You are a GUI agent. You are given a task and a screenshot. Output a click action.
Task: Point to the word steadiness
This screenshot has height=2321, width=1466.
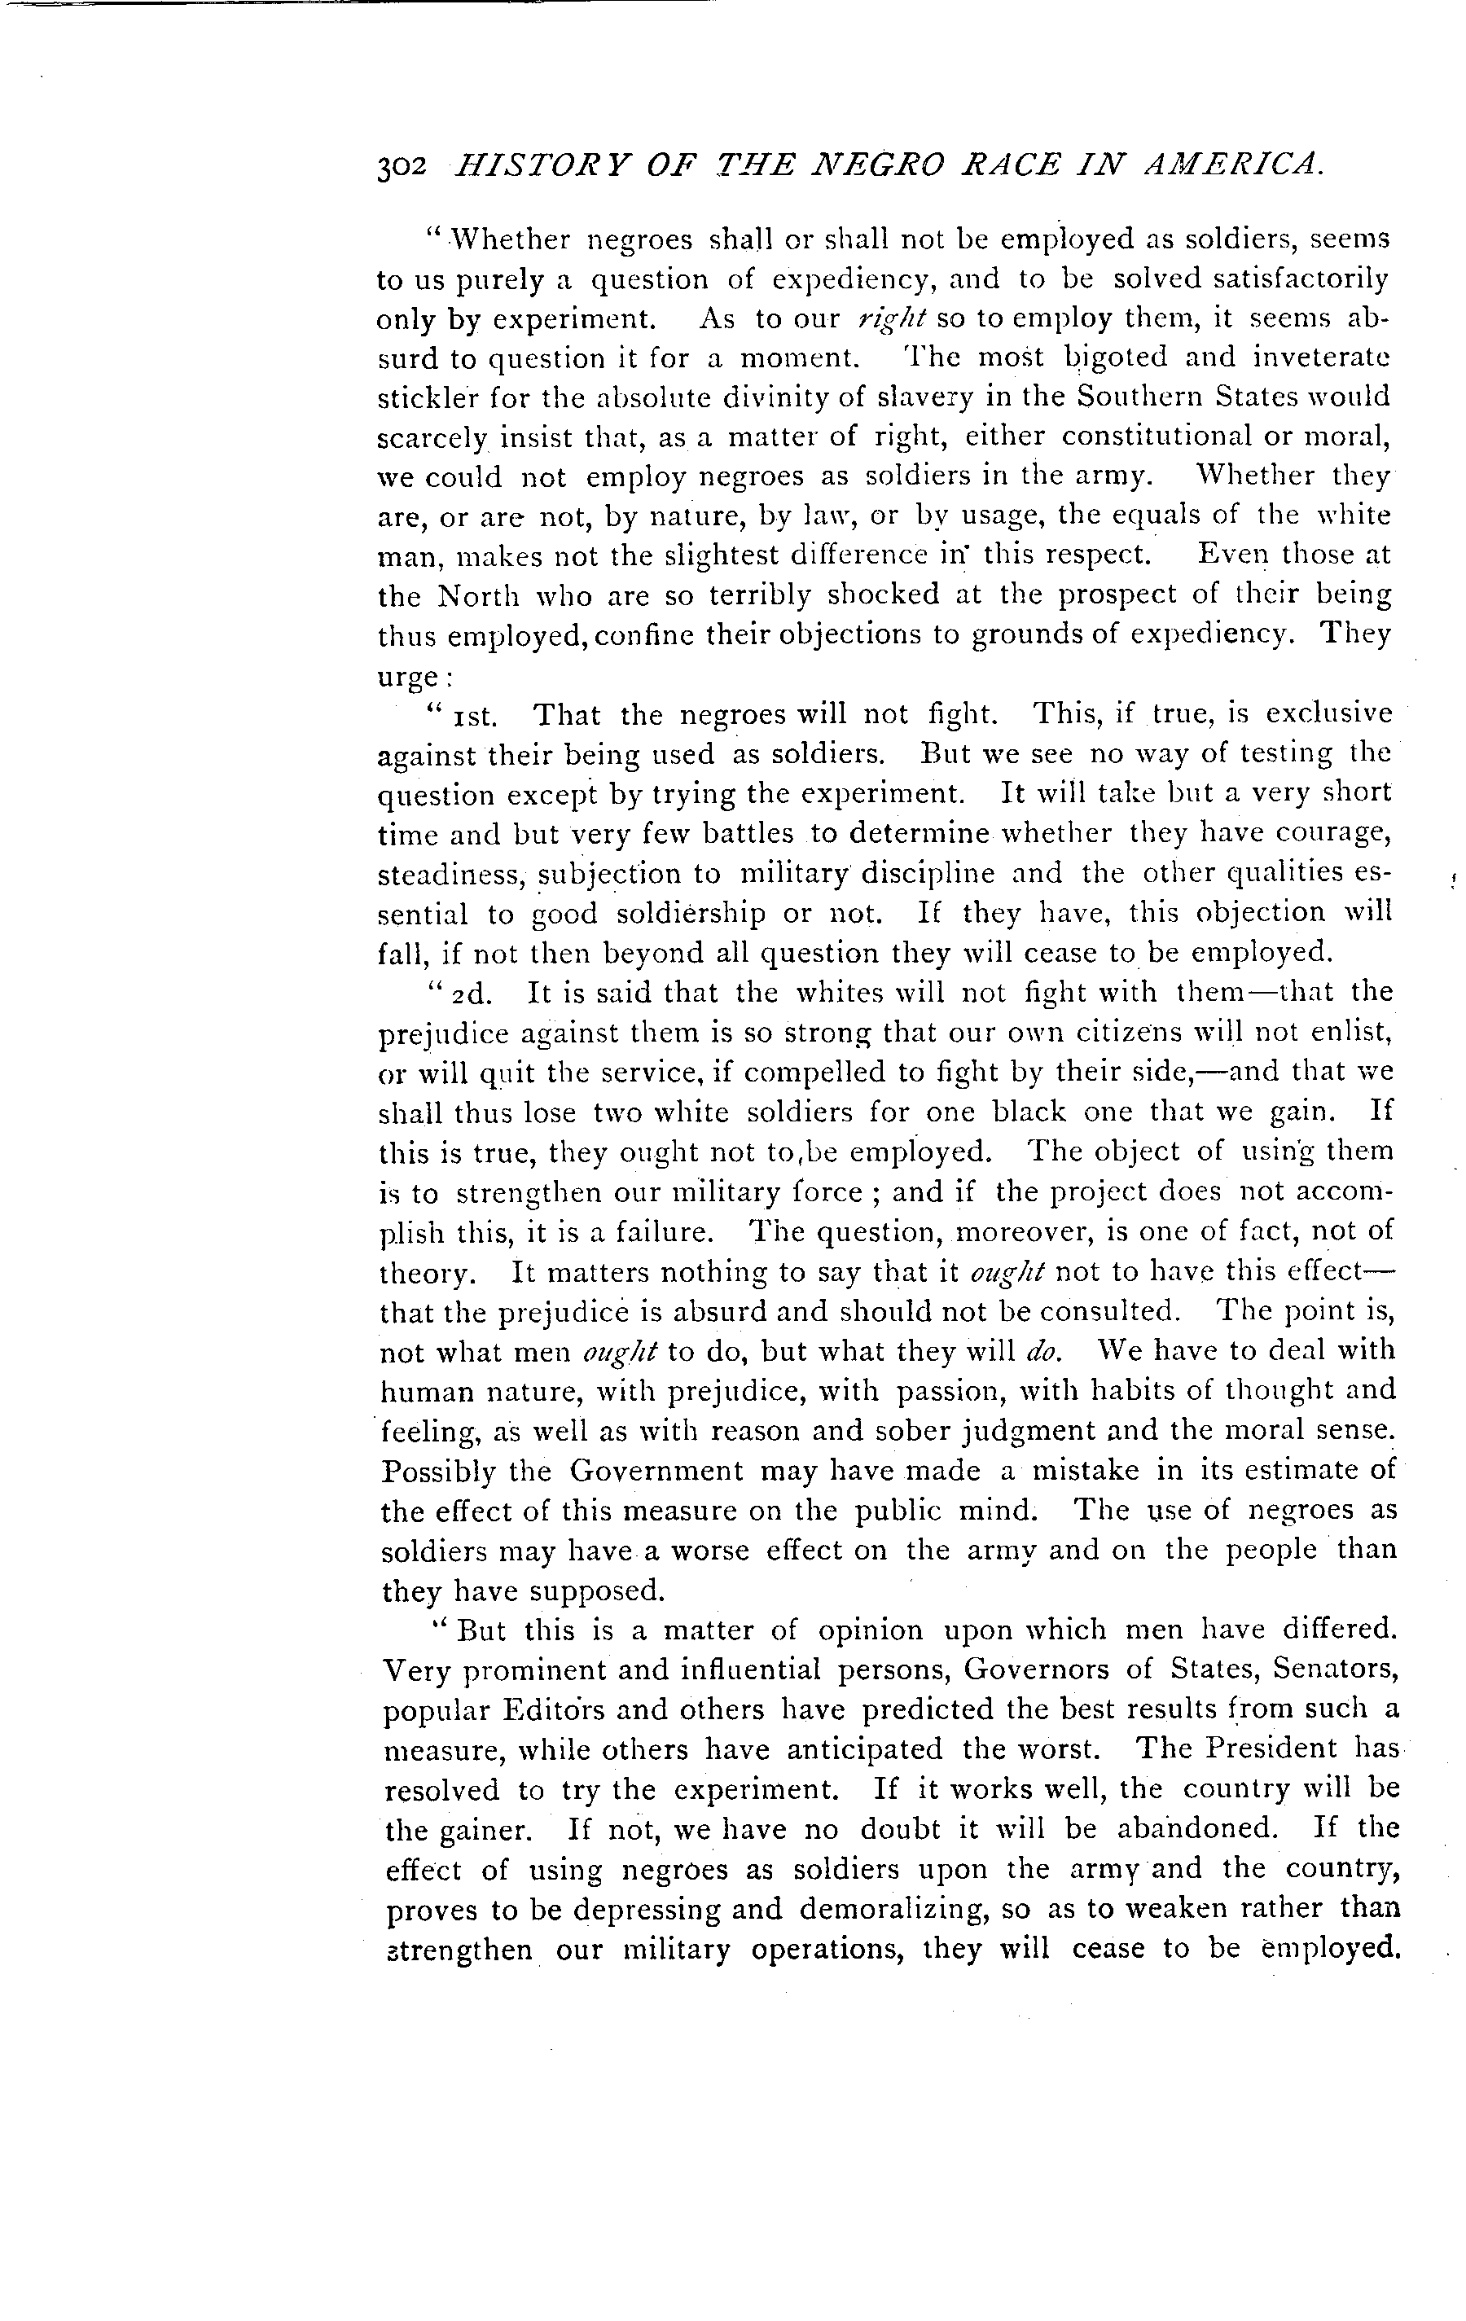pos(449,874)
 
